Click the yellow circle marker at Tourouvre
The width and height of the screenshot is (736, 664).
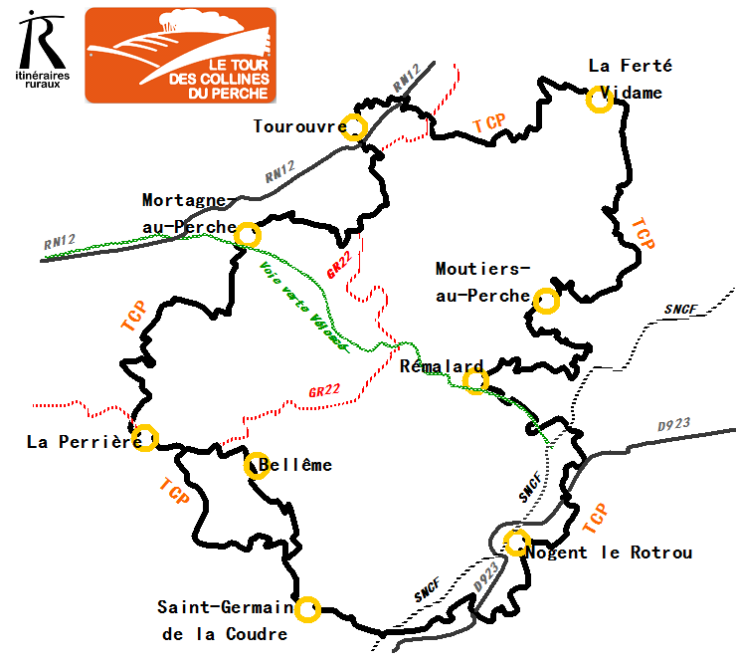[x=355, y=126]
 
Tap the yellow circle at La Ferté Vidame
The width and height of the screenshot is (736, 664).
[x=599, y=100]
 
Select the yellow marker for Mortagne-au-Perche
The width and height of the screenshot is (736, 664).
[x=248, y=235]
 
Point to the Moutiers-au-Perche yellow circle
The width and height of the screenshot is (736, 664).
[x=546, y=301]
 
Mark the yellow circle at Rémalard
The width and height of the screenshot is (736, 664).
[x=475, y=381]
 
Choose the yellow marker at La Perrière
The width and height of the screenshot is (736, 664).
[x=145, y=438]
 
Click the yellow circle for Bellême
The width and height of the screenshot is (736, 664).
[x=257, y=466]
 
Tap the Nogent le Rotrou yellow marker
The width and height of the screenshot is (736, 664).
[x=516, y=543]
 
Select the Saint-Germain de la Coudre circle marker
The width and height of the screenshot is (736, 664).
[x=308, y=608]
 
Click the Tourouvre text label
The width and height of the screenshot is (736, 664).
[x=297, y=126]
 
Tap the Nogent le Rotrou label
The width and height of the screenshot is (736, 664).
[x=609, y=553]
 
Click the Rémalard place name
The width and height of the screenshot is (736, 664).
[x=441, y=366]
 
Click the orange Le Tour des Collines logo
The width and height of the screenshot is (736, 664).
[x=180, y=55]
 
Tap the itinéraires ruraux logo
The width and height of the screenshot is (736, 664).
[x=40, y=50]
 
